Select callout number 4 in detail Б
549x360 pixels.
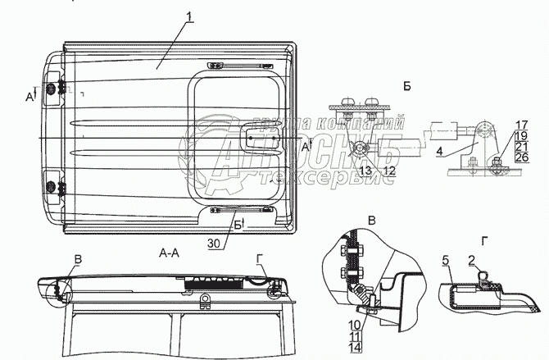[439, 151]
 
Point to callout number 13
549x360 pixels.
[365, 171]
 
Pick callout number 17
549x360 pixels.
[522, 125]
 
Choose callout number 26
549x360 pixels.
[522, 157]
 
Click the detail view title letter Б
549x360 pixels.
[407, 85]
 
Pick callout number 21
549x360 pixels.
[522, 146]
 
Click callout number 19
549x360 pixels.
[522, 135]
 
